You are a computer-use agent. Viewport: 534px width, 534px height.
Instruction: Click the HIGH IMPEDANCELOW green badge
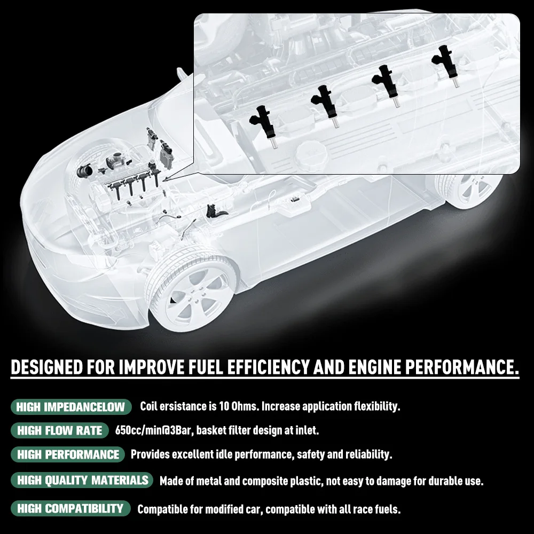[x=70, y=407]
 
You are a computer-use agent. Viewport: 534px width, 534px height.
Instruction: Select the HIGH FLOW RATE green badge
[x=59, y=430]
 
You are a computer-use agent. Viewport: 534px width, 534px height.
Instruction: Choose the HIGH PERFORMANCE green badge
[x=68, y=454]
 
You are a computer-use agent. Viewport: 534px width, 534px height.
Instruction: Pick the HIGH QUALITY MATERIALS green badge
[x=82, y=480]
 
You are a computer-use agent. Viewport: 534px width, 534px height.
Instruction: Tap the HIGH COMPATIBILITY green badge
[x=70, y=508]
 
